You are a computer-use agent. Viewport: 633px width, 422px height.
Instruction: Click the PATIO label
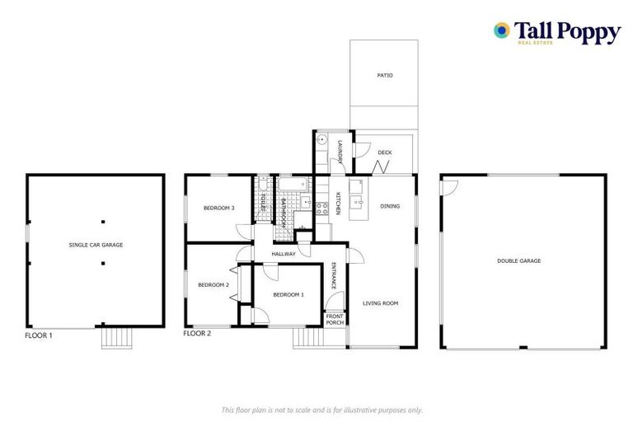(x=384, y=75)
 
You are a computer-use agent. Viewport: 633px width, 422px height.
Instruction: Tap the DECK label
(x=384, y=152)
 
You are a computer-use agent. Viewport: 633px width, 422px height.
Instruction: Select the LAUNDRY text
(x=340, y=152)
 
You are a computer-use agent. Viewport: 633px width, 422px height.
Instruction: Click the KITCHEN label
(x=338, y=204)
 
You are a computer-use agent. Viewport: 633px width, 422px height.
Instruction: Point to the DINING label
(x=390, y=206)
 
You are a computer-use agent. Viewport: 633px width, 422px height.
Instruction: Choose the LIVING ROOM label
(x=380, y=303)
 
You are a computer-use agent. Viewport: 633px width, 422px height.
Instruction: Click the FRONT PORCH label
(x=335, y=320)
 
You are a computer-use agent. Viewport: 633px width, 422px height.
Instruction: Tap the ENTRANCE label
(x=334, y=274)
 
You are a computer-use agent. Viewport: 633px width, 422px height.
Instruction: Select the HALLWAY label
(x=284, y=254)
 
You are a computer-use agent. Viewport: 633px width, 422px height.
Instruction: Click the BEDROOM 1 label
(x=288, y=294)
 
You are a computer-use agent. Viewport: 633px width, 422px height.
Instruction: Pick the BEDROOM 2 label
(x=213, y=285)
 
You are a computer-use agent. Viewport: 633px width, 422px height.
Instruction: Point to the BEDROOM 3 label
(x=220, y=208)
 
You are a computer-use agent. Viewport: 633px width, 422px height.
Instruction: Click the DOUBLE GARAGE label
(x=518, y=260)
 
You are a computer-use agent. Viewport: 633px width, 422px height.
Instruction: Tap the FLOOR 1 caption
(x=39, y=335)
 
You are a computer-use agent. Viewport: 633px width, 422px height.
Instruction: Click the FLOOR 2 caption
(x=197, y=334)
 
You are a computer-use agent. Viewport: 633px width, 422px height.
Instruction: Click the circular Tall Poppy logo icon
(x=501, y=30)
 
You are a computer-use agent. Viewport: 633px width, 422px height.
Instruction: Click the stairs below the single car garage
(x=116, y=338)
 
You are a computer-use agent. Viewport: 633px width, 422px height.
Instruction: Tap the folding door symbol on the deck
(x=381, y=167)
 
